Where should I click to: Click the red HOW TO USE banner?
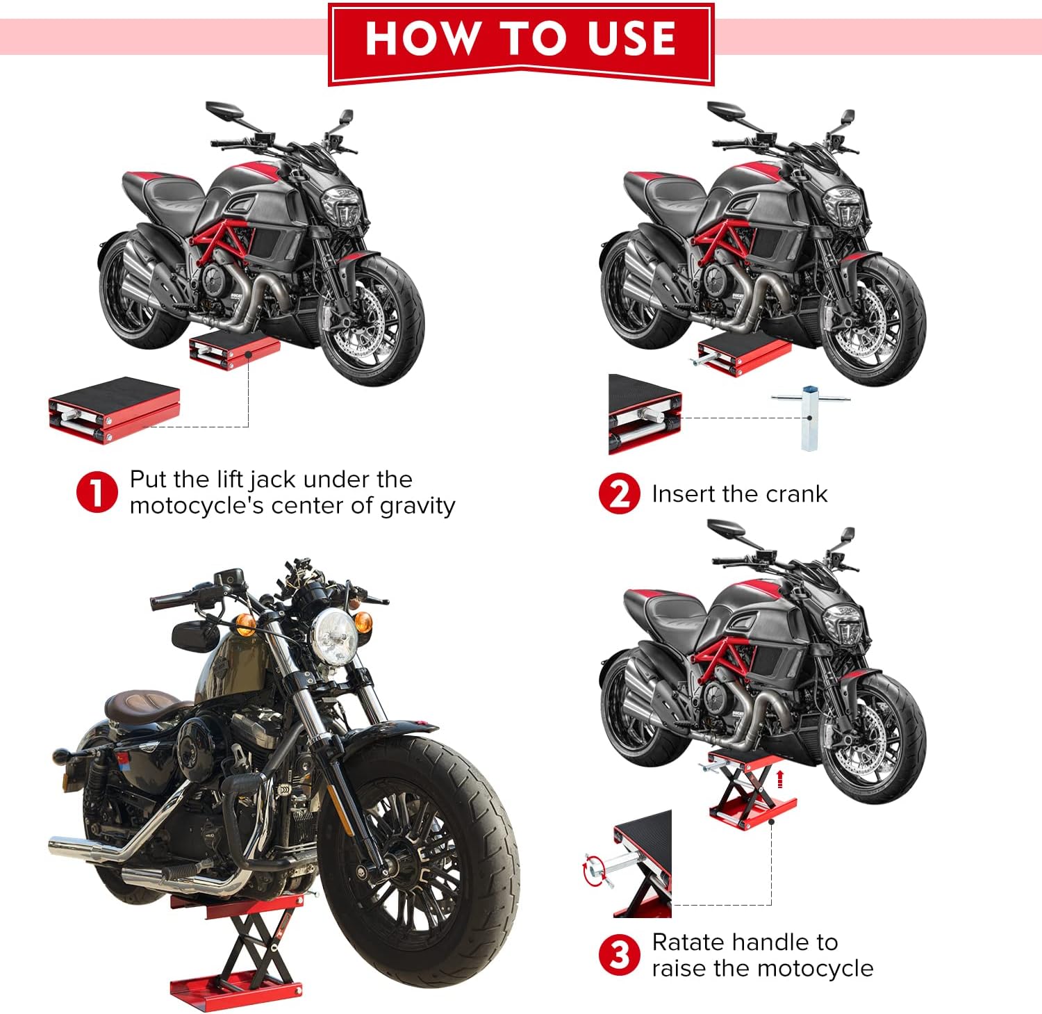[x=521, y=44]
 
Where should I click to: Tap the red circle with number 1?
[x=97, y=492]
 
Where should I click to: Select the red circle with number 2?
[x=619, y=493]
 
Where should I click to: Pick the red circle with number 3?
[x=619, y=955]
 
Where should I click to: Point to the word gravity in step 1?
[x=417, y=507]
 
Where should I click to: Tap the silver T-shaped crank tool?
[x=810, y=417]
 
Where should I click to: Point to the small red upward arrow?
[x=780, y=778]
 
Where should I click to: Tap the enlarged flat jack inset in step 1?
[x=115, y=409]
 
